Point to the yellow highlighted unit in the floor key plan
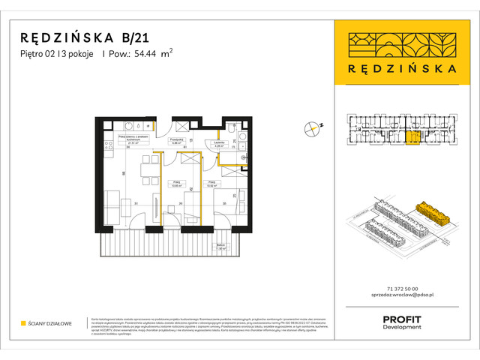click(x=412, y=137)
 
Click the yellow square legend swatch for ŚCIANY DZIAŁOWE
click(x=23, y=323)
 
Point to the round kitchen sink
click(x=129, y=125)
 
